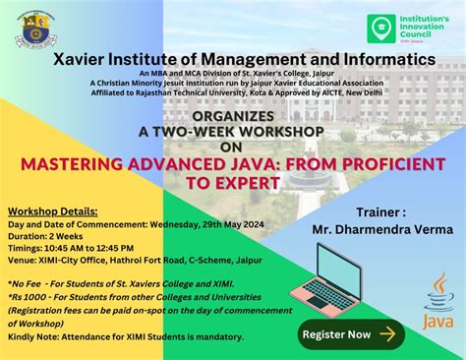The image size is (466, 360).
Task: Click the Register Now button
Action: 348,332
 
